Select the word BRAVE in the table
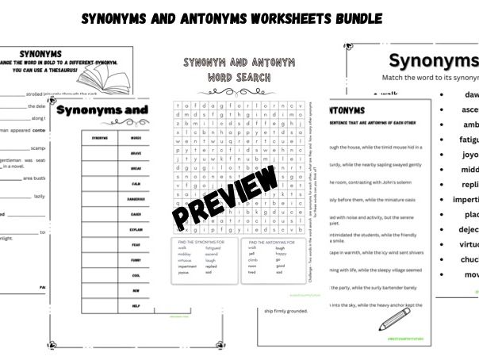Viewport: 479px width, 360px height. (136, 153)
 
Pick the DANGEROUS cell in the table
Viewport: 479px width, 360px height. (136, 198)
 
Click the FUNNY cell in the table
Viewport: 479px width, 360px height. (136, 259)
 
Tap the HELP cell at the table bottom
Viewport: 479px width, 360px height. (136, 305)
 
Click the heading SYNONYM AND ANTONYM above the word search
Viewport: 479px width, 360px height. (228, 63)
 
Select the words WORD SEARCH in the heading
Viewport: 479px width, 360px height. (228, 77)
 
